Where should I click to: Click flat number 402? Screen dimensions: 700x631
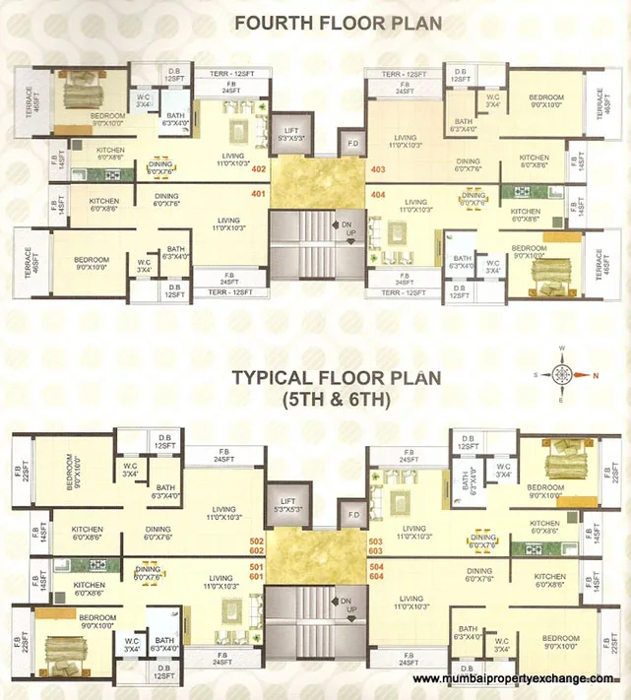[x=259, y=168]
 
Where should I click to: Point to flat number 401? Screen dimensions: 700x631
[x=259, y=194]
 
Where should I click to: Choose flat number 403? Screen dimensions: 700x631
[x=377, y=168]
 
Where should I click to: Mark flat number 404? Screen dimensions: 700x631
[x=377, y=195]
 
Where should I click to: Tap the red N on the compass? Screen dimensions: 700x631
[x=594, y=375]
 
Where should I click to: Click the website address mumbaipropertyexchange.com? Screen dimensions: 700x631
[x=519, y=679]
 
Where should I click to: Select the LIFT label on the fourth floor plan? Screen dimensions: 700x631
[x=290, y=130]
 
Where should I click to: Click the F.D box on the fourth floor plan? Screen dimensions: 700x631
[x=352, y=144]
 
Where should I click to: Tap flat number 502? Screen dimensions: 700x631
[x=259, y=542]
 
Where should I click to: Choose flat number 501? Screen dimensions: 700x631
[x=259, y=567]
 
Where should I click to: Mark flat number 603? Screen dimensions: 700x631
[x=375, y=553]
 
